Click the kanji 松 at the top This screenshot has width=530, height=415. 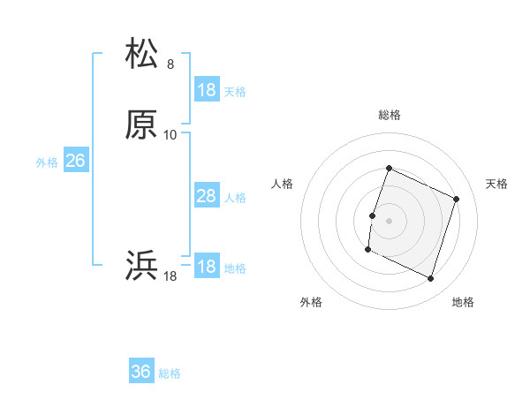(142, 54)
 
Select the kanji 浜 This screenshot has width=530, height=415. (142, 266)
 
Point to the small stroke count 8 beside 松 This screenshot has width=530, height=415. (170, 64)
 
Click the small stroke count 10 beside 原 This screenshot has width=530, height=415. (170, 135)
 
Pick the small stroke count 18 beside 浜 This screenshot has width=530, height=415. (170, 276)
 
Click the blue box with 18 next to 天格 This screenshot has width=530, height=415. (207, 90)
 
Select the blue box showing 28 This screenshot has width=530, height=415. (207, 196)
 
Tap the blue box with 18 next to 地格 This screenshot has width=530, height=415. (207, 267)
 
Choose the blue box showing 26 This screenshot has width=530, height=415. (76, 161)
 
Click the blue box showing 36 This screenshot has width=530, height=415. (141, 372)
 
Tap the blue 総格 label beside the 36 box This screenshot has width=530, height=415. (170, 373)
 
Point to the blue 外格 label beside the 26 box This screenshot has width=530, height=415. (47, 162)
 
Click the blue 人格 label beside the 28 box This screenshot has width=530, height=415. (235, 198)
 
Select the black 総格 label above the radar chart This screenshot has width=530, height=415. (390, 115)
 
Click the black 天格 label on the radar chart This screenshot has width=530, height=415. (496, 184)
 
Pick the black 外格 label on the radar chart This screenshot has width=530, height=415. (311, 302)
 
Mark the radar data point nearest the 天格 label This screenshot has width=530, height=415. (457, 199)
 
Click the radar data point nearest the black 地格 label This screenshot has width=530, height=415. (431, 279)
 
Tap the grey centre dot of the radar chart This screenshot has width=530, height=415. (390, 221)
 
